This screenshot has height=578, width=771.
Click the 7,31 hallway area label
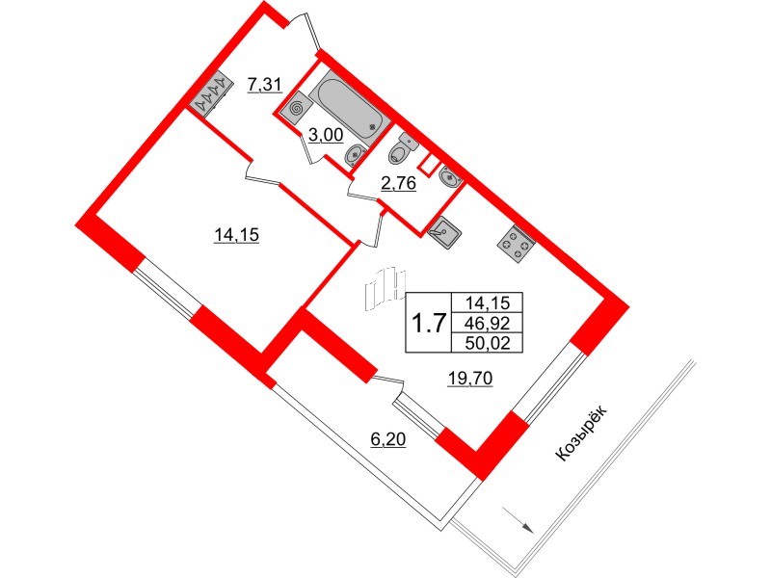264,85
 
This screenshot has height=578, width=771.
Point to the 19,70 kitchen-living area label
470,379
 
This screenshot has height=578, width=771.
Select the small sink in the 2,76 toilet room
448,176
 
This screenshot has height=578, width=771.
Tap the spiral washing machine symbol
296,109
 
